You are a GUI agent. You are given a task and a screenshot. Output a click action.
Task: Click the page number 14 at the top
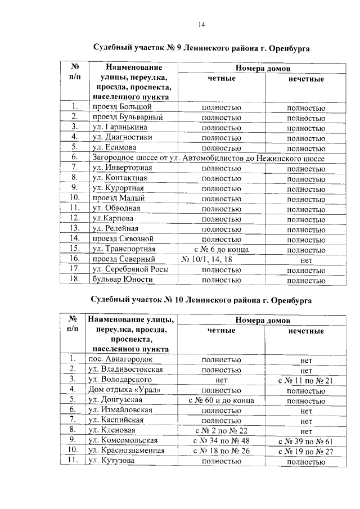click(201, 24)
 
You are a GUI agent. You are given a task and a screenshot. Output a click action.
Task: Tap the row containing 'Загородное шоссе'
click(208, 159)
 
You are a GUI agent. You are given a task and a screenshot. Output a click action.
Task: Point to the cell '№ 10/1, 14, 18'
click(208, 259)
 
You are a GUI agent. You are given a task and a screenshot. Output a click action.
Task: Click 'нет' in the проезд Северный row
click(306, 259)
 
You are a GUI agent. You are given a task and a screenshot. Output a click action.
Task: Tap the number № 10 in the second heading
click(174, 300)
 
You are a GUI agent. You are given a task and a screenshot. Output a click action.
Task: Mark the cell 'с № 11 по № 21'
click(306, 380)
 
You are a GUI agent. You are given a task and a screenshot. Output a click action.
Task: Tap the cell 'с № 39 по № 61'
click(306, 441)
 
